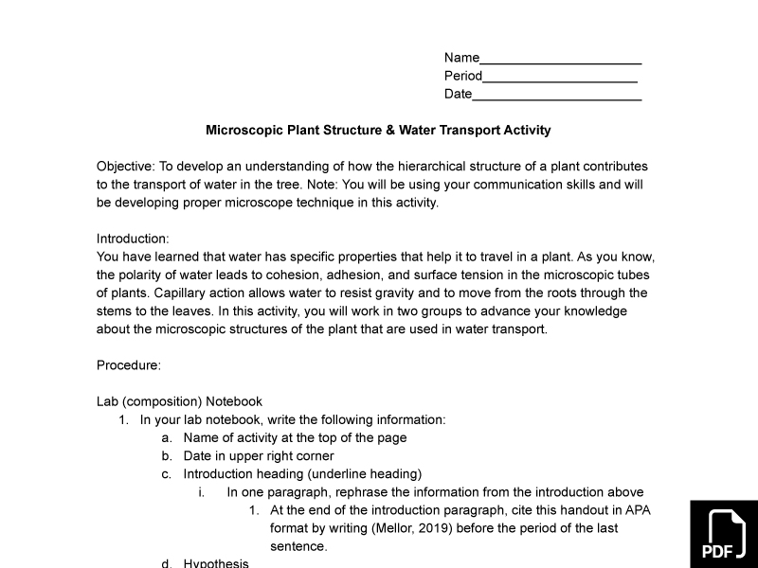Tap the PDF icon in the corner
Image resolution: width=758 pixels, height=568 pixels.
pos(724,534)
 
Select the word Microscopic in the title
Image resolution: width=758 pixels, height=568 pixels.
pos(244,130)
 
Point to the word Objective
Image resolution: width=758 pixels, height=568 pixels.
pos(125,166)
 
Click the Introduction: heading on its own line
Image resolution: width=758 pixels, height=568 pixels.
pos(133,239)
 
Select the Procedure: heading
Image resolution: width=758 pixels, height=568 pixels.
pos(129,365)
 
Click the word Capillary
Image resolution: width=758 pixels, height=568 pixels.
pos(181,293)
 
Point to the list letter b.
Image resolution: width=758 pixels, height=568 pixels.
pos(166,456)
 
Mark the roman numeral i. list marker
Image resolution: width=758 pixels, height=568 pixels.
pos(201,492)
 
